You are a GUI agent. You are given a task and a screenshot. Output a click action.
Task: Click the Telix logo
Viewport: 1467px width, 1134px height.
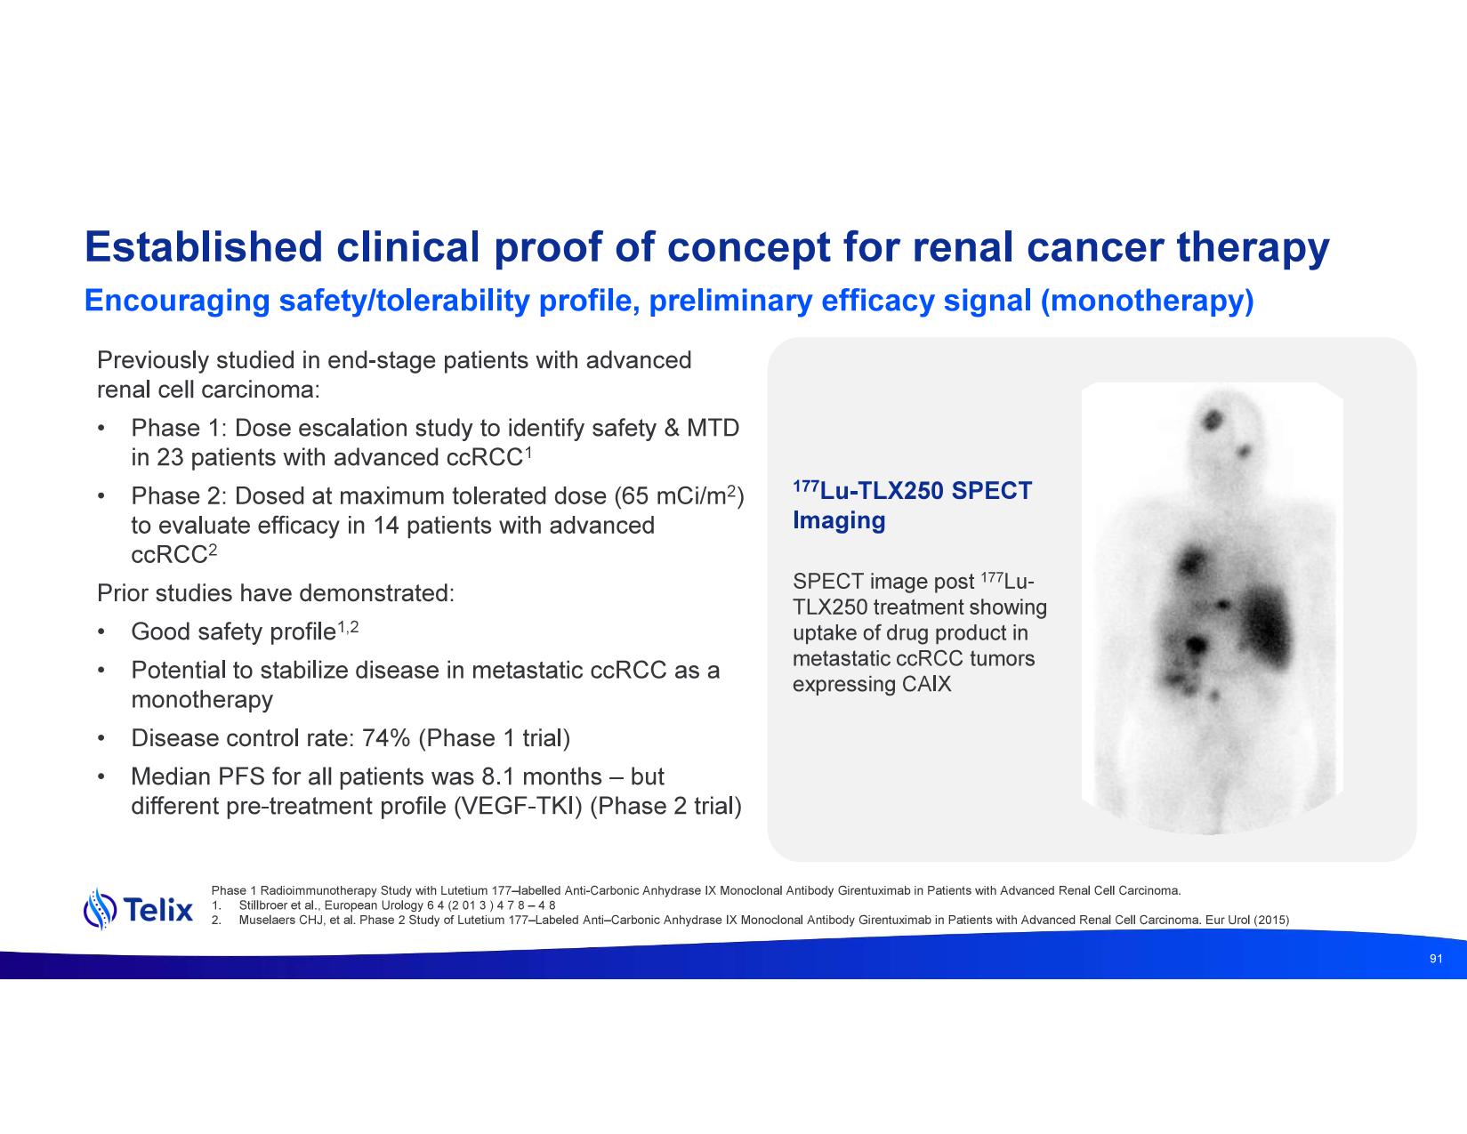coord(138,910)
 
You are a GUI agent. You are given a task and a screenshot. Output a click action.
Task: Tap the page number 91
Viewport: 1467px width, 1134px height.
coord(1436,959)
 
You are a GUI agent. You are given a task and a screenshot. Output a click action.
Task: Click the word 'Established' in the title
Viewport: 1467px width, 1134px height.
coord(204,247)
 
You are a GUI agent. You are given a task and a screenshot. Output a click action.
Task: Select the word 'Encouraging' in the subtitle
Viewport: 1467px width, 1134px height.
coord(177,302)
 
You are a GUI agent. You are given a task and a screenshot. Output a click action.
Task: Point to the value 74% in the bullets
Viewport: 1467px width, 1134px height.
coord(386,738)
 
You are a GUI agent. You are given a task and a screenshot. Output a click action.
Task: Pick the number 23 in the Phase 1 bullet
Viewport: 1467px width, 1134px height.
coord(170,457)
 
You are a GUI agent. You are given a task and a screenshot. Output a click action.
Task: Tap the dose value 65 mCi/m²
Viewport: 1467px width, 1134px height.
coord(679,495)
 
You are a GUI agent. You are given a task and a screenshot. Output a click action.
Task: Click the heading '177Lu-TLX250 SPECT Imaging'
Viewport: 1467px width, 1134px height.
coord(912,505)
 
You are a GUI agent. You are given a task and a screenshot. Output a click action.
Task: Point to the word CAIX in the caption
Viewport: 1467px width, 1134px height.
coord(926,685)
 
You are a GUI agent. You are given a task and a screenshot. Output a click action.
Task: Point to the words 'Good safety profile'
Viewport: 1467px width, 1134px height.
coord(234,632)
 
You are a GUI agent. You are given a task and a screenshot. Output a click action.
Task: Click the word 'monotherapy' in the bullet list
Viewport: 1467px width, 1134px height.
coord(202,700)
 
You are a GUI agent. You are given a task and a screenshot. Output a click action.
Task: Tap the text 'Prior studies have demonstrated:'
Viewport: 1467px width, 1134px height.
coord(276,593)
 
